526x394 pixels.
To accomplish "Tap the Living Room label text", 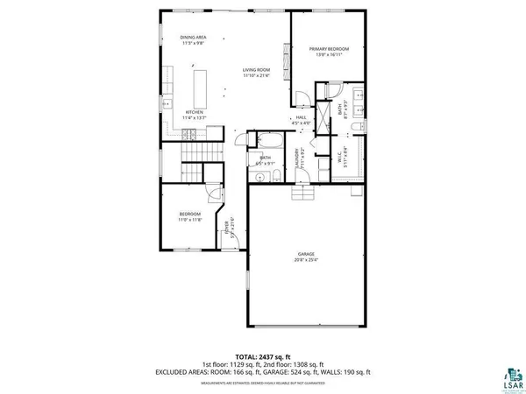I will tap(257, 72).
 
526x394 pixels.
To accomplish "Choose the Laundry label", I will tap(297, 158).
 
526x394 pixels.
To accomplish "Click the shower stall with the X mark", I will tap(317, 119).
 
